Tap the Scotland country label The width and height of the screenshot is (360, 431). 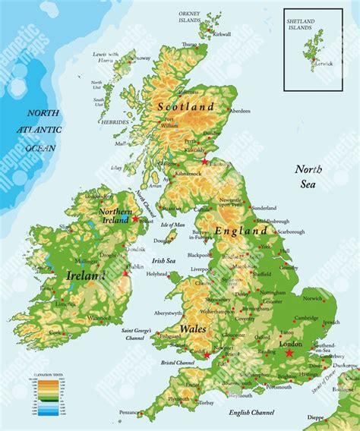tap(185, 106)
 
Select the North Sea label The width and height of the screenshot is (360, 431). tap(311, 175)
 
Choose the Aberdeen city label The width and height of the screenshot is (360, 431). tap(239, 111)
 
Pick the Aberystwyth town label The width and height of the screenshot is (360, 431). tap(168, 313)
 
